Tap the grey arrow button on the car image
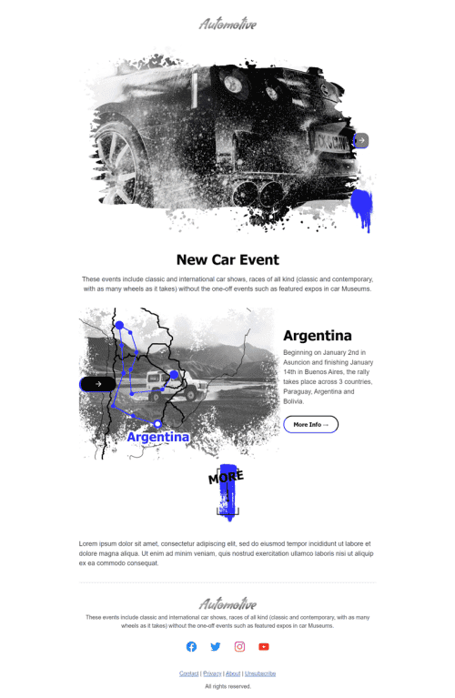coord(361,140)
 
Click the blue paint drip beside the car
coord(362,208)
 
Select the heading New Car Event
coord(227,259)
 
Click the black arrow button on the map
coord(97,384)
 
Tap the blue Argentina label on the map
coord(158,437)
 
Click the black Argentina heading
coord(318,336)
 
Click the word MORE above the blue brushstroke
coord(226,477)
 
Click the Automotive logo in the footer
coord(227,603)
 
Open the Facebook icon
coord(191,647)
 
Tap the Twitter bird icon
coord(216,647)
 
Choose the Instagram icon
coord(239,647)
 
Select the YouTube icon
coord(264,647)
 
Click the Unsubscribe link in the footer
coord(260,673)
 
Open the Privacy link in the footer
coord(212,673)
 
